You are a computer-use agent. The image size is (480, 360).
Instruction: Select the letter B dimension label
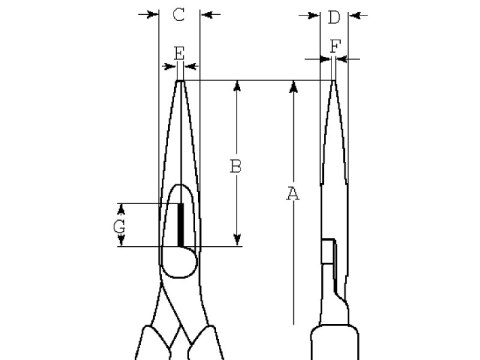pyautogui.click(x=236, y=166)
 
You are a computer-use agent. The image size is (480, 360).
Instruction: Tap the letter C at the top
pyautogui.click(x=178, y=14)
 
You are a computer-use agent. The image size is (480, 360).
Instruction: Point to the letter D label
pyautogui.click(x=334, y=15)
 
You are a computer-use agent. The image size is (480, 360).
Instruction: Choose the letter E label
pyautogui.click(x=179, y=51)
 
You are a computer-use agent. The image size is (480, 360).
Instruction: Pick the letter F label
pyautogui.click(x=334, y=45)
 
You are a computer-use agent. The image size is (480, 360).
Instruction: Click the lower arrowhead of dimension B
pyautogui.click(x=237, y=238)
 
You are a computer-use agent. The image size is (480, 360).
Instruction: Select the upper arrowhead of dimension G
pyautogui.click(x=120, y=209)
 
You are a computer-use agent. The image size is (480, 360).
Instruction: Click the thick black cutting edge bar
pyautogui.click(x=180, y=224)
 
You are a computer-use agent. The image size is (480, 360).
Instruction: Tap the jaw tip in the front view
pyautogui.click(x=180, y=82)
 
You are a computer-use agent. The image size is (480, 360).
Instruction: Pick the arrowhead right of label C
pyautogui.click(x=206, y=15)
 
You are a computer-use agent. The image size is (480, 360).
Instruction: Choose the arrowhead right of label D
pyautogui.click(x=352, y=15)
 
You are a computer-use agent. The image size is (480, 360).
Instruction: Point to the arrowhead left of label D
pyautogui.click(x=316, y=15)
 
